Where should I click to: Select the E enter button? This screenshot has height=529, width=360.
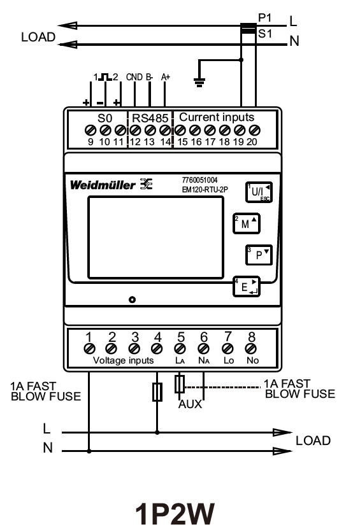coord(245,287)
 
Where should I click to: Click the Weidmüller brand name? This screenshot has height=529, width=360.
coord(102,185)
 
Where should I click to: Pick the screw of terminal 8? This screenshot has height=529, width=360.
coord(250,348)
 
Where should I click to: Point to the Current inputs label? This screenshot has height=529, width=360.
coord(217,117)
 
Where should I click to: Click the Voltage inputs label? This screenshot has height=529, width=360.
coord(124,360)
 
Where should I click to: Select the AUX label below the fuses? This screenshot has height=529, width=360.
coord(191,405)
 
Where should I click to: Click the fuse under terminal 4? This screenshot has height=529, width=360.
coord(157,391)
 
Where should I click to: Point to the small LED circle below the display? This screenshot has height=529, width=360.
coord(131,300)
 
